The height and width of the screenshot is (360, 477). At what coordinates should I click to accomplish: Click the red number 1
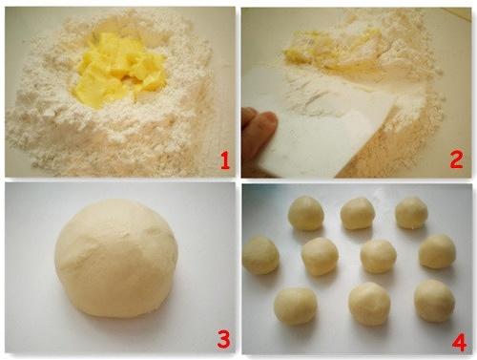pos(225,160)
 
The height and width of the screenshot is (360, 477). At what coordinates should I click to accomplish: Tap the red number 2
pos(456,159)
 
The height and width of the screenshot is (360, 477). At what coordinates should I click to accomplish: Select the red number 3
pos(223,339)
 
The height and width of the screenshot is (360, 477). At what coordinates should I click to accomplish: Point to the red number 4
pos(459,342)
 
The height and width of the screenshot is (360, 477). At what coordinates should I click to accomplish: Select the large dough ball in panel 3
pos(116,259)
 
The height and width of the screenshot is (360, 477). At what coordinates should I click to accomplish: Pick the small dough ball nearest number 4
pos(434,301)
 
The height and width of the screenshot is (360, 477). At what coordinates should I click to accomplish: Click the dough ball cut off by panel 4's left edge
pos(260,255)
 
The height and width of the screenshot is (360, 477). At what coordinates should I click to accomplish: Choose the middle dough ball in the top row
pos(358,213)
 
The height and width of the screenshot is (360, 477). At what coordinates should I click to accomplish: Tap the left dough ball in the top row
pos(306,213)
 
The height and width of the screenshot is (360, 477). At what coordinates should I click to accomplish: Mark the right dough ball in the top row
pos(411,213)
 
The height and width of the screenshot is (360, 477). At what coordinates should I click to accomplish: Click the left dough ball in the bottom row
pos(296,307)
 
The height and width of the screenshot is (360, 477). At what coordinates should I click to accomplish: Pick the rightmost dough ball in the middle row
pos(437,251)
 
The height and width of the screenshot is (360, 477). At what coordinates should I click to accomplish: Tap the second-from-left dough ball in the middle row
pos(320,257)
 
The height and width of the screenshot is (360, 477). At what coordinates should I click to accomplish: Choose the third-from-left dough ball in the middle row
pos(379,257)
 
